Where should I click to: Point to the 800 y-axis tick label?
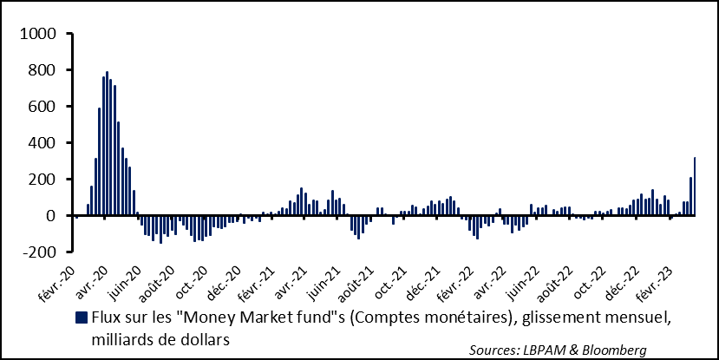[42, 70]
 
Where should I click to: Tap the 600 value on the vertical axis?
[42, 107]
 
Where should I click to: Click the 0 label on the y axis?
[51, 216]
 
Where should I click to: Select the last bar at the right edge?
[695, 186]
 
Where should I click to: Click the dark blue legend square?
[82, 317]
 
